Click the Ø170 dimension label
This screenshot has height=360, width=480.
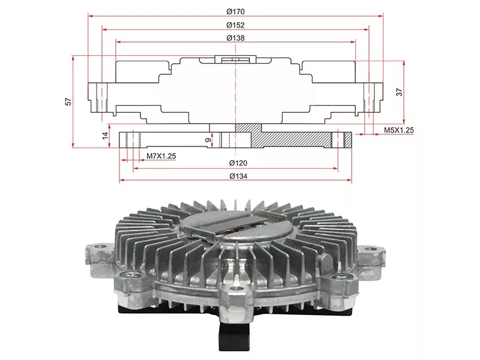tap(235, 11)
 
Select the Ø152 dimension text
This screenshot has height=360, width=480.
tap(235, 25)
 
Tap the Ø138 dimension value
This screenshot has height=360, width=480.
tap(235, 38)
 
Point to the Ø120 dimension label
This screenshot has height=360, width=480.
tap(238, 163)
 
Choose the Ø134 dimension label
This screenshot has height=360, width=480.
tap(238, 176)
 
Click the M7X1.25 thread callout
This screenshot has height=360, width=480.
tap(161, 156)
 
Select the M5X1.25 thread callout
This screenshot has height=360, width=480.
tap(398, 130)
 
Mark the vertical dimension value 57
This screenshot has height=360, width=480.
tap(68, 101)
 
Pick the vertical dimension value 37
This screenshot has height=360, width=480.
tap(399, 92)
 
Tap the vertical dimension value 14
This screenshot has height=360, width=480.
tap(106, 136)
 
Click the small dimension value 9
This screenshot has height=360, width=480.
tap(208, 140)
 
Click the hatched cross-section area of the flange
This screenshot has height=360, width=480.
tap(291, 139)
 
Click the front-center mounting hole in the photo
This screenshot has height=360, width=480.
tap(235, 289)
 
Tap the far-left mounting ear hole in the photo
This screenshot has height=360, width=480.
tap(100, 246)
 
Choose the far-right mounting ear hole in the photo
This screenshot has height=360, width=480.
tap(371, 248)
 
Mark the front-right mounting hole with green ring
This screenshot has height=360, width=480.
tap(339, 277)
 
